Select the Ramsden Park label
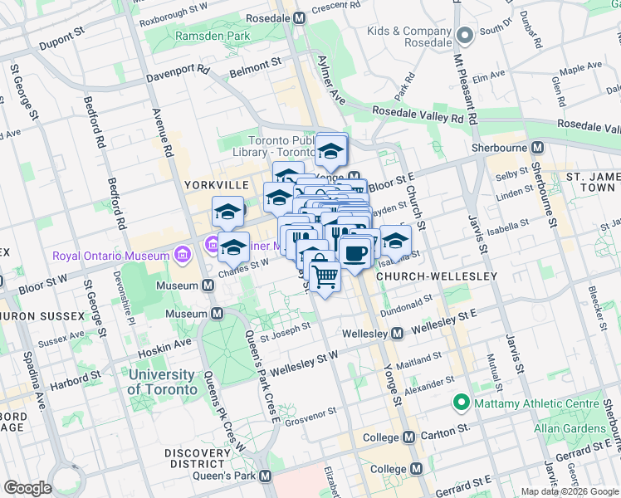click(x=212, y=37)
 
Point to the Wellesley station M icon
click(x=398, y=334)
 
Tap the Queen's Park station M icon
click(x=266, y=476)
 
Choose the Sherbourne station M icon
click(x=538, y=148)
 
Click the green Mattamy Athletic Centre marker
click(x=459, y=403)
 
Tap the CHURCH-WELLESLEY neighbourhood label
click(x=437, y=276)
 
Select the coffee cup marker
click(x=355, y=252)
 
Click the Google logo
click(x=27, y=488)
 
